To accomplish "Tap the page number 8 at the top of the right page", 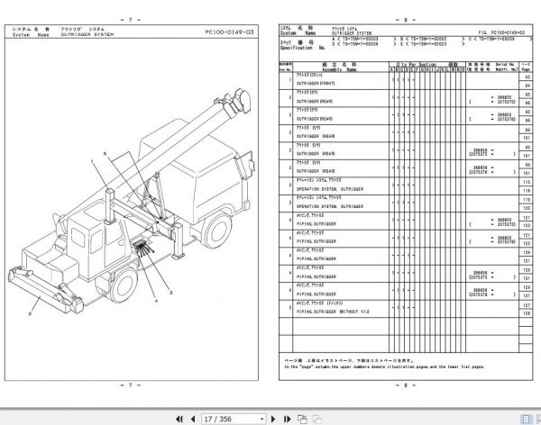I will coord(400,17).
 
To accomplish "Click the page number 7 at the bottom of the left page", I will coord(131,385).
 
